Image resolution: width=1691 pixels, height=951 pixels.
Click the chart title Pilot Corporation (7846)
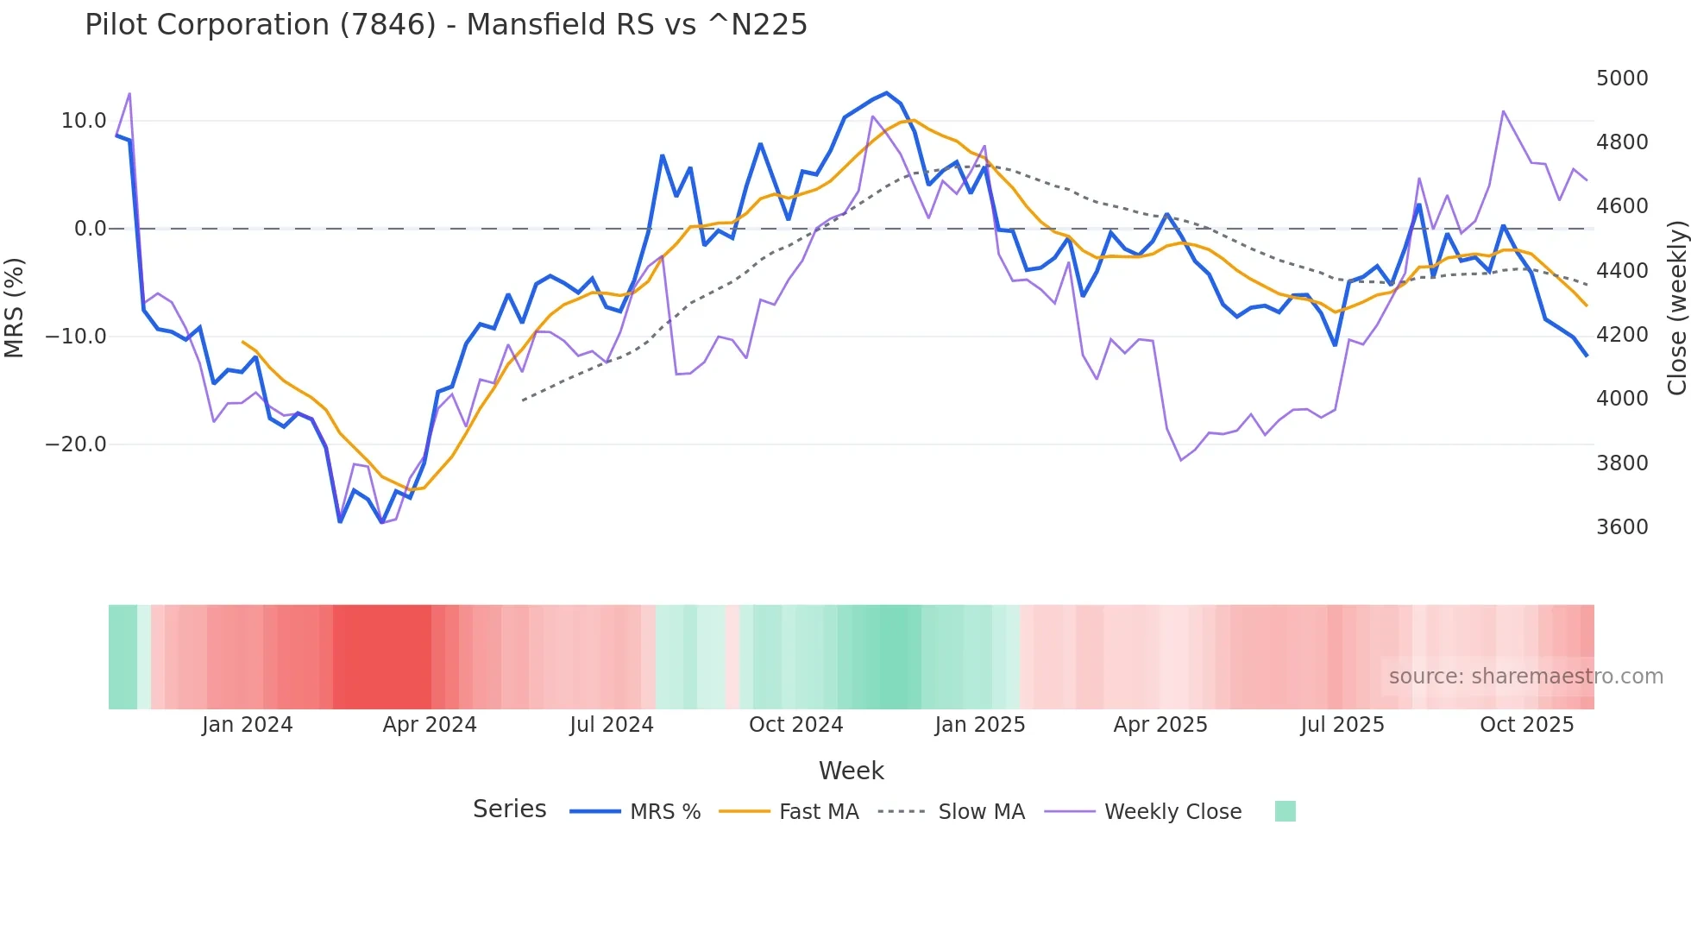(x=445, y=25)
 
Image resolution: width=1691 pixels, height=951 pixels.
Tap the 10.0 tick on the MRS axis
(x=84, y=121)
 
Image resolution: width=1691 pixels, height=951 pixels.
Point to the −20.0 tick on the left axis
(x=76, y=444)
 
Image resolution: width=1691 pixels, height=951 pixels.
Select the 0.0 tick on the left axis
(x=90, y=229)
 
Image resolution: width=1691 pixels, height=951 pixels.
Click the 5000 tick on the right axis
(x=1622, y=79)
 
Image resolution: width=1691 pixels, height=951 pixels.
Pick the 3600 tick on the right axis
(x=1622, y=527)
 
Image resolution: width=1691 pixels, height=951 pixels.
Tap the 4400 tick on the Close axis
(x=1622, y=271)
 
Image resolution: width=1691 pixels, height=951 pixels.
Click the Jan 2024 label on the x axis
(x=248, y=725)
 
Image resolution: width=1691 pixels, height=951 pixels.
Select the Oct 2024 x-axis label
(x=795, y=725)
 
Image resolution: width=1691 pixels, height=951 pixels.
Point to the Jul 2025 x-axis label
(x=1342, y=725)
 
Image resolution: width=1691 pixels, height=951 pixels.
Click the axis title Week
(x=851, y=771)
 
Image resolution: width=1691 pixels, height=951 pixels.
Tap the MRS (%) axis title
(x=14, y=307)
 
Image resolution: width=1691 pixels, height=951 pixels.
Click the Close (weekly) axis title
(x=1676, y=307)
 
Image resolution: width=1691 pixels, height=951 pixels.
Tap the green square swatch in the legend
(x=1285, y=811)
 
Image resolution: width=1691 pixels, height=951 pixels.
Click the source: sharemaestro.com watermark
(x=1525, y=677)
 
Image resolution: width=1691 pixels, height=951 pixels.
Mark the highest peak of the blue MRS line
(x=887, y=93)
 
